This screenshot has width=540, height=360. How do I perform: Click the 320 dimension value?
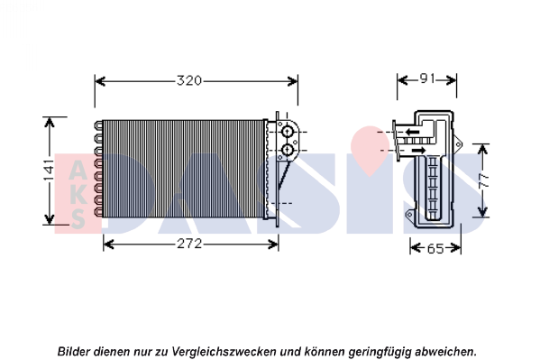pyautogui.click(x=189, y=80)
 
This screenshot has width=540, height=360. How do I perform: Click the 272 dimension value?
pyautogui.click(x=189, y=244)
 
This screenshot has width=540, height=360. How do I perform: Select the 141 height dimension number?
pyautogui.click(x=49, y=170)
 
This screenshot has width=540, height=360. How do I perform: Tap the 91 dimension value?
pyautogui.click(x=427, y=79)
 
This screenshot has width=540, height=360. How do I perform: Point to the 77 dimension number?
pyautogui.click(x=484, y=180)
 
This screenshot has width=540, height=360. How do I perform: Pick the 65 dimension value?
pyautogui.click(x=435, y=248)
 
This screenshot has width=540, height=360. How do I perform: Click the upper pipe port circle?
pyautogui.click(x=287, y=132)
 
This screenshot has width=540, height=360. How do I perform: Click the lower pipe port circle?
pyautogui.click(x=287, y=150)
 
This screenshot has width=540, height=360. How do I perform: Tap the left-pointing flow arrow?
pyautogui.click(x=412, y=132)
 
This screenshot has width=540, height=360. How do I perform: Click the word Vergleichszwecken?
pyautogui.click(x=224, y=352)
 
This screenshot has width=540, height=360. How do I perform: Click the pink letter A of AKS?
pyautogui.click(x=78, y=170)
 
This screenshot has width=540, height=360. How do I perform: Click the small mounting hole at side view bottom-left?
pyautogui.click(x=409, y=215)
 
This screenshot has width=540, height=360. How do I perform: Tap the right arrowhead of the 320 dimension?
pyautogui.click(x=293, y=81)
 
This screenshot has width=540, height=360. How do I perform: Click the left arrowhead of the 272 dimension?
pyautogui.click(x=109, y=245)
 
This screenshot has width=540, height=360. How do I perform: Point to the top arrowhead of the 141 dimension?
pyautogui.click(x=50, y=123)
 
